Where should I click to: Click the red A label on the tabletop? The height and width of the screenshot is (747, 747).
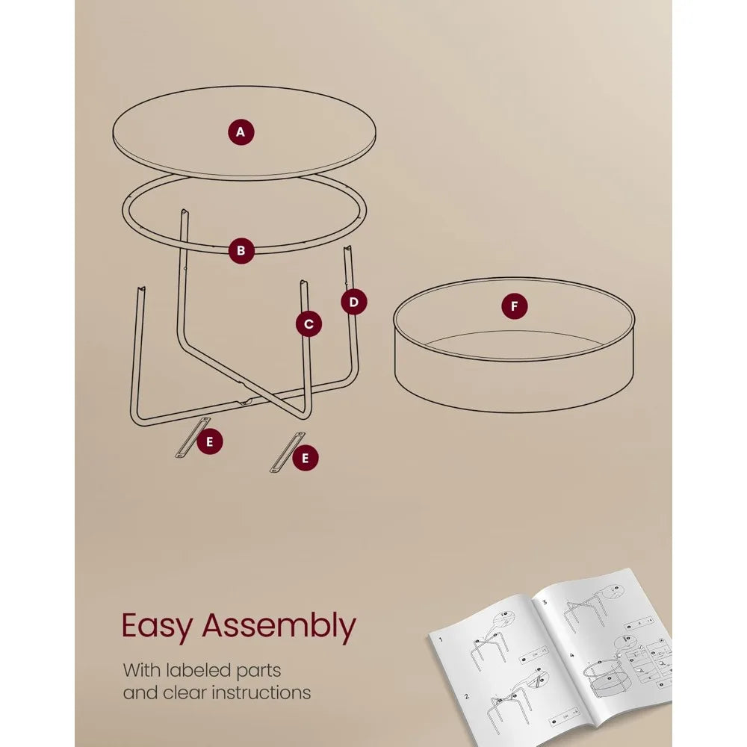pos(241,133)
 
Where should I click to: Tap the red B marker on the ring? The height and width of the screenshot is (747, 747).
pos(241,251)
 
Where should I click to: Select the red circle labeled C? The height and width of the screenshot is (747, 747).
pos(309,323)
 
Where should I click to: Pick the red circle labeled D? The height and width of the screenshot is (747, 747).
pos(353,302)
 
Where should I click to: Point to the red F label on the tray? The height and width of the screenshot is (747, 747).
pos(514,306)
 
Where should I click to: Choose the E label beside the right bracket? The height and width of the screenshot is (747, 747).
pos(304,458)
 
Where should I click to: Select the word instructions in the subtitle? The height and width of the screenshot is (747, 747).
pos(261,692)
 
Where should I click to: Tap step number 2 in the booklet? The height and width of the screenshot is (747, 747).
pos(467,696)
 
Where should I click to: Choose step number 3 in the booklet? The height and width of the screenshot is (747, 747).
pos(544,601)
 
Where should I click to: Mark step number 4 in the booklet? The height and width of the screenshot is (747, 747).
pos(571,656)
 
